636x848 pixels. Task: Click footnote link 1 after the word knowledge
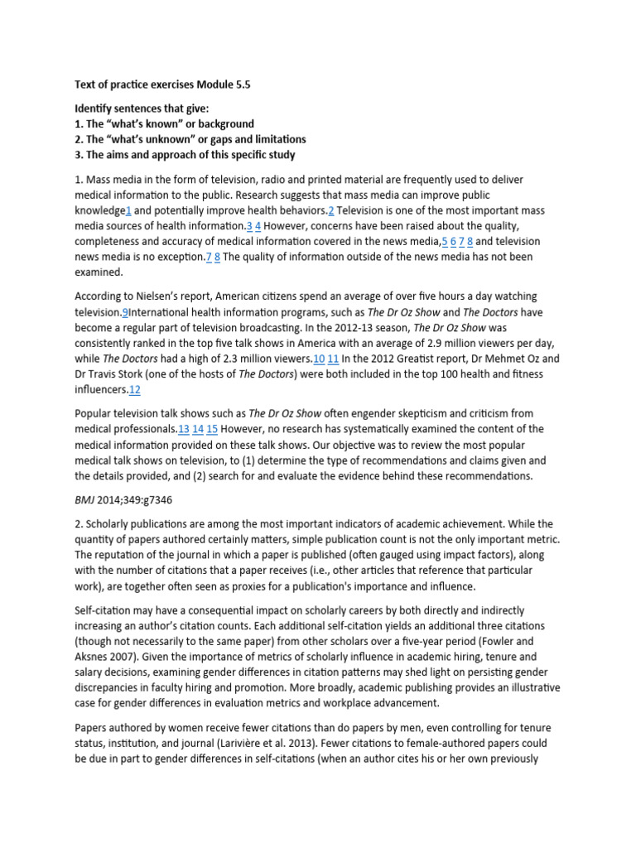pos(129,210)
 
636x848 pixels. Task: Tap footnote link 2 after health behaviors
pos(330,210)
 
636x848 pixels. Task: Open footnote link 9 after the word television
pos(125,312)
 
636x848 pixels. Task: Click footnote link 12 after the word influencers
pos(135,390)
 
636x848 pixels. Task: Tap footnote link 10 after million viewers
pos(319,359)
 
